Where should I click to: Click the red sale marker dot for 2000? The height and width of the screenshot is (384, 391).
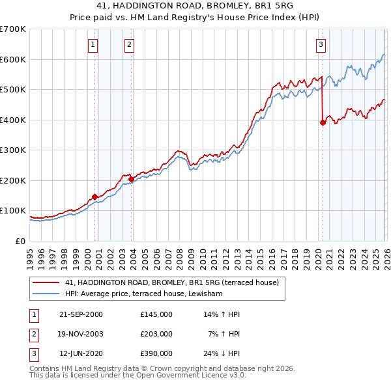pos(95,196)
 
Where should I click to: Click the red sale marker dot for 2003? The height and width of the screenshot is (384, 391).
pos(132,179)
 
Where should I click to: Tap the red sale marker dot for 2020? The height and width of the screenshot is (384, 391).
pos(323,122)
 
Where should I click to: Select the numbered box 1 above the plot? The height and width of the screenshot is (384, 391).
pos(93,45)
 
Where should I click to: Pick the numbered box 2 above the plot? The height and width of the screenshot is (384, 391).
pos(130,45)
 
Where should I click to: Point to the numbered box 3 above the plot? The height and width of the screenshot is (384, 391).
pos(321,45)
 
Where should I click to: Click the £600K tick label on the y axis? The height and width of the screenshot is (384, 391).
pos(13,59)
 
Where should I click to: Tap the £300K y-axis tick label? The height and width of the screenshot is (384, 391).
pos(13,150)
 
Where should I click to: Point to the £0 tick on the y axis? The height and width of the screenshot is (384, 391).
pos(21,241)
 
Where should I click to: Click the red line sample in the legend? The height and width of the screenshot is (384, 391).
pos(46,282)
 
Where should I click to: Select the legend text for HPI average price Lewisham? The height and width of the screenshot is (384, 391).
pos(143,294)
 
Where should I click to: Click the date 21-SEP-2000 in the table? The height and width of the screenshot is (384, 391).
pos(80,314)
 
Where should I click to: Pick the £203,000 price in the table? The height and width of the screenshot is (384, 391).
pos(156,334)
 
